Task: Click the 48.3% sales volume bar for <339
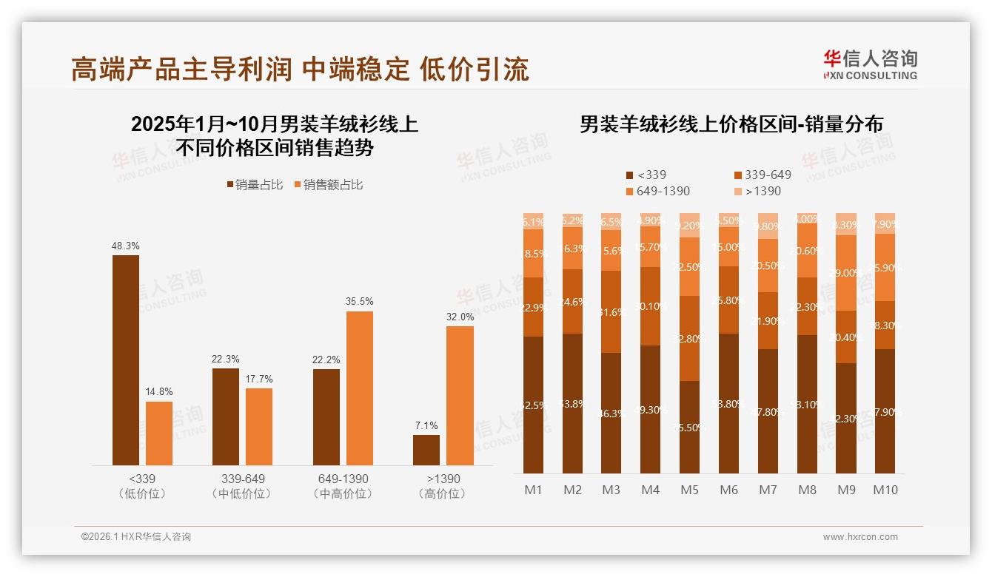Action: tap(125, 360)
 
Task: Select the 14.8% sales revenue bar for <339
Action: tap(158, 433)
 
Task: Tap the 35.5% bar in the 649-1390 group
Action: tap(359, 388)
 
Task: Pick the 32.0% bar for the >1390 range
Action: tap(460, 396)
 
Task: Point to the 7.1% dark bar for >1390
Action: tap(426, 450)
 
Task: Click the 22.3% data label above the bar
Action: tap(225, 359)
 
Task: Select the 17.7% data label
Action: tap(258, 379)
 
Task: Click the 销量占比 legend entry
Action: tap(254, 185)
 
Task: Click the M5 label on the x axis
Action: tap(689, 490)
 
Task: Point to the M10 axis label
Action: tap(885, 490)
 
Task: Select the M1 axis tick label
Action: tap(533, 490)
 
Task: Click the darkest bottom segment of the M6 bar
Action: tap(728, 403)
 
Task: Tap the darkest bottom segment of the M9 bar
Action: tap(846, 418)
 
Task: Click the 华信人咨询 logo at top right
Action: tap(870, 64)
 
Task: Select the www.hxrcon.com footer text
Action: tap(860, 537)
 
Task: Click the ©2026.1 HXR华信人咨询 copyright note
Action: tap(136, 537)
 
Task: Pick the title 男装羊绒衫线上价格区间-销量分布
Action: tap(731, 124)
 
